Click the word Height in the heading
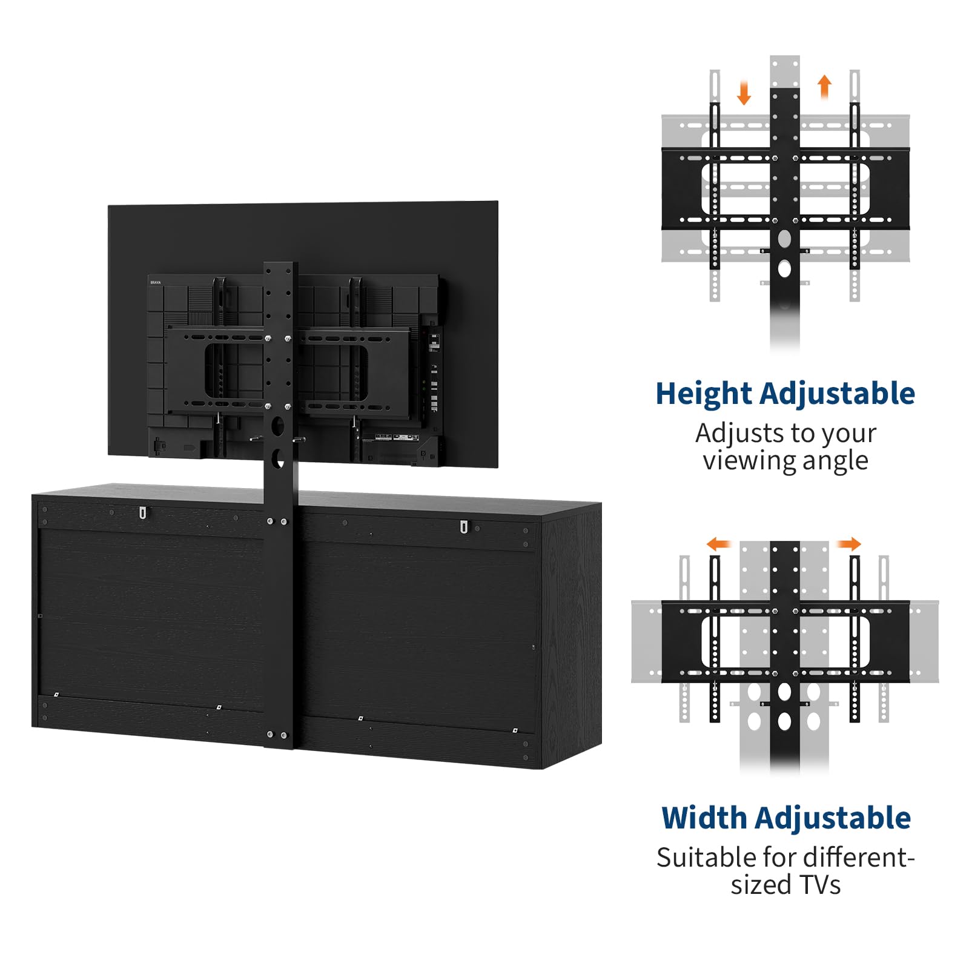(703, 394)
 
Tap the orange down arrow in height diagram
(744, 93)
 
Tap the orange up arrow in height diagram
(824, 86)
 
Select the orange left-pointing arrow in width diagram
(719, 543)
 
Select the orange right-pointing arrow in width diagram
(848, 543)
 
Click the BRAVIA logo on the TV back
(156, 282)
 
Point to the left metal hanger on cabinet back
(143, 513)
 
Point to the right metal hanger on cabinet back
(463, 526)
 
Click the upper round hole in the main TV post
(278, 425)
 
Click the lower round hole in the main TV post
(278, 458)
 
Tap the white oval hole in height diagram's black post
(784, 268)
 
